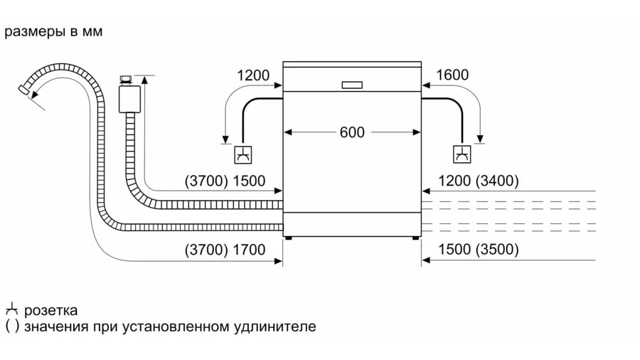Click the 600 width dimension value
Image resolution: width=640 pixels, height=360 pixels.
click(351, 132)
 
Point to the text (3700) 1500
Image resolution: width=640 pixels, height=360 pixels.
click(224, 181)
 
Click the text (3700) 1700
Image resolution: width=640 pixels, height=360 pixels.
click(224, 250)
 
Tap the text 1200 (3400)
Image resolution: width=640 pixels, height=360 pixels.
click(479, 181)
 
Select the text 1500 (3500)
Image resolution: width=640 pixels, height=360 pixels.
click(479, 250)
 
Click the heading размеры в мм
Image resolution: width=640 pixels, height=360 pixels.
click(53, 32)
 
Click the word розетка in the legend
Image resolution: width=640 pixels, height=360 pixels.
click(51, 311)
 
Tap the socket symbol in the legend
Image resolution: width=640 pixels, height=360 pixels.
click(11, 310)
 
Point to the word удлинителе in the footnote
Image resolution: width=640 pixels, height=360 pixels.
click(274, 327)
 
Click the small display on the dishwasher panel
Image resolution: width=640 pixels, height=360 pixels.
click(352, 84)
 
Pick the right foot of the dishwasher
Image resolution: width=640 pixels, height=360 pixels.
click(415, 240)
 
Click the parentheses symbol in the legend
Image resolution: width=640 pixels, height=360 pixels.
click(11, 327)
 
